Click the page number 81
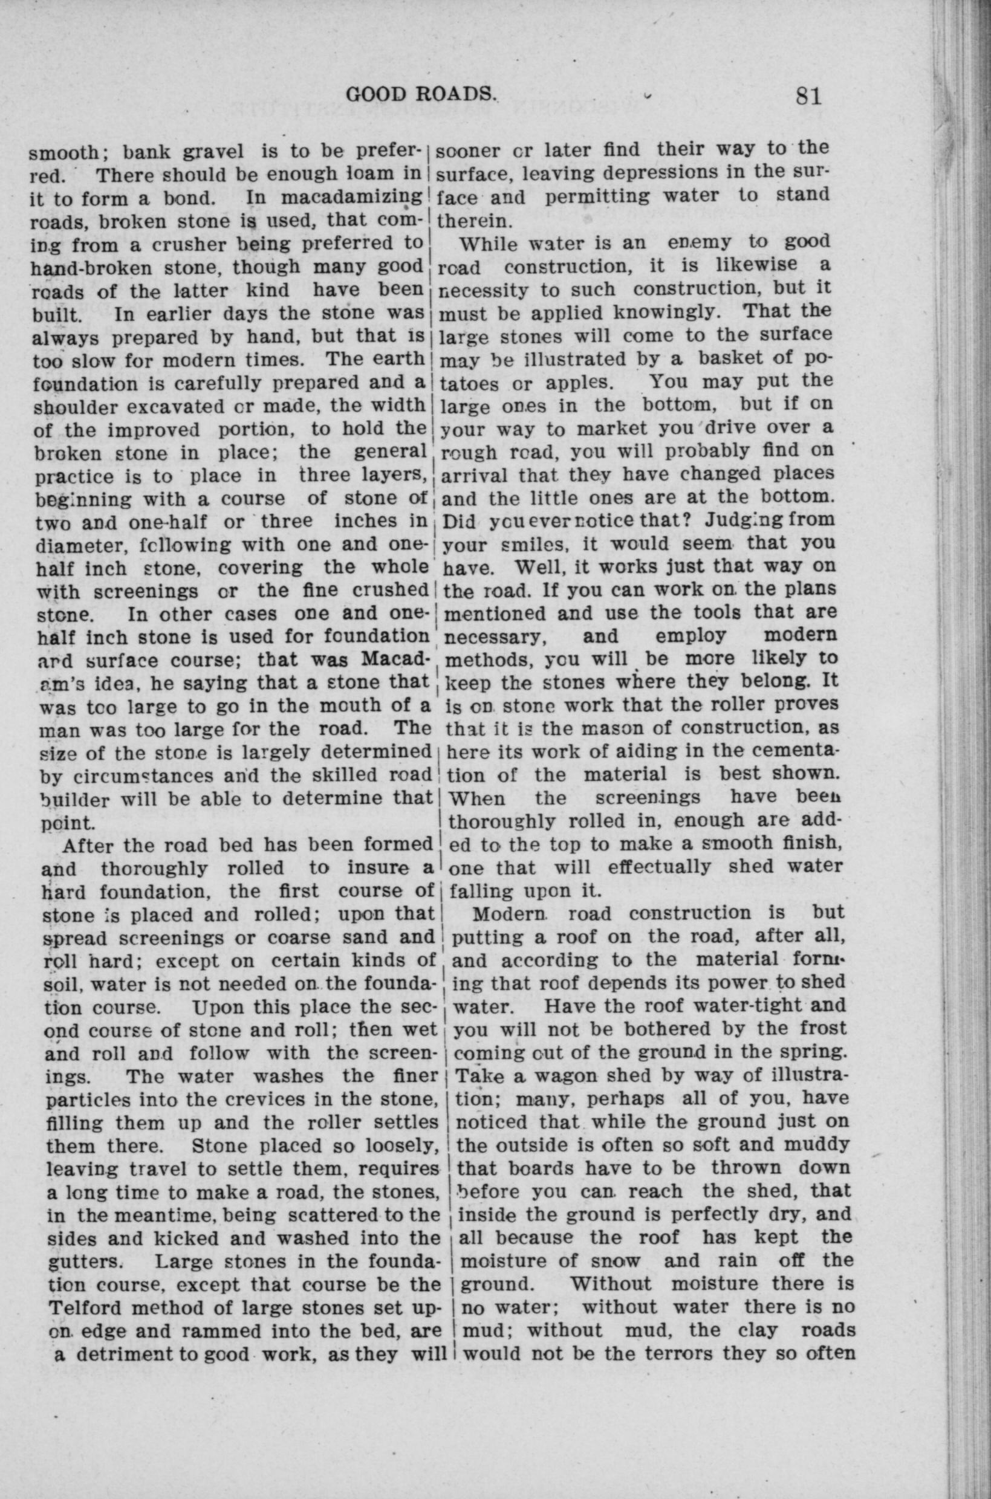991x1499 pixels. [808, 97]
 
